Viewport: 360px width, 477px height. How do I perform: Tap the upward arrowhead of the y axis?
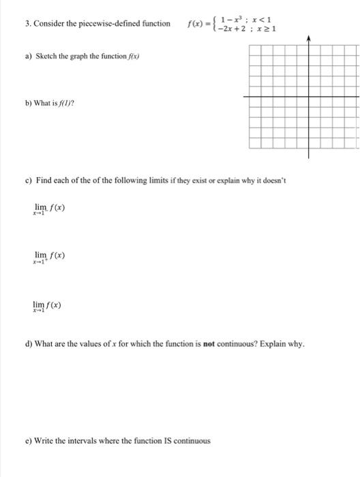308,40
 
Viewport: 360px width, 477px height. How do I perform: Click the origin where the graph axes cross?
308,97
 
